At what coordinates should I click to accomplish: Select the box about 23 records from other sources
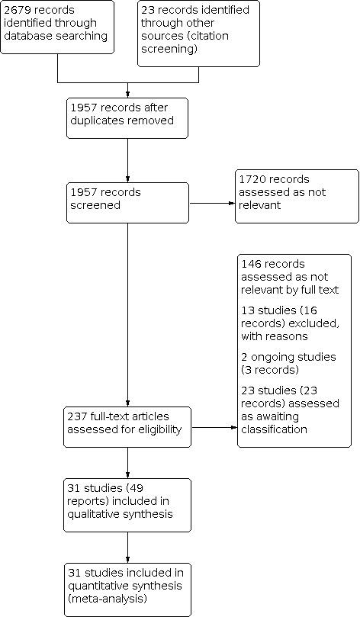(x=198, y=33)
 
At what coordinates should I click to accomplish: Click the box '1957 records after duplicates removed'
(x=127, y=117)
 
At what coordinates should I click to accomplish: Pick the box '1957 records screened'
(x=127, y=202)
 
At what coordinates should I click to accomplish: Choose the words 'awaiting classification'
(x=284, y=423)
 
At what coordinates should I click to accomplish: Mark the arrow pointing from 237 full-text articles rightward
(x=211, y=427)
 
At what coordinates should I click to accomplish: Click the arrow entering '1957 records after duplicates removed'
(x=127, y=88)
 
